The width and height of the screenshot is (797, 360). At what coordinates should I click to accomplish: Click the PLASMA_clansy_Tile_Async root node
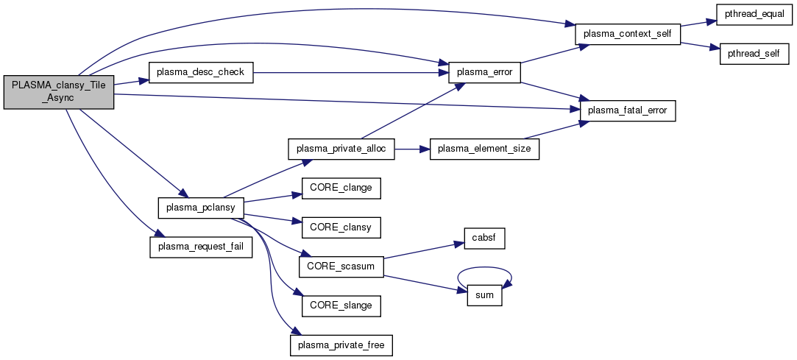coord(59,92)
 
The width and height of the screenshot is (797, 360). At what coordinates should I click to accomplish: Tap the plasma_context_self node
coord(627,35)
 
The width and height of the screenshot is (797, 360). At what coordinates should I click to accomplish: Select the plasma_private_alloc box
coord(341,149)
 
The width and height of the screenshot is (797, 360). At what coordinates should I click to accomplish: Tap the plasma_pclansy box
coord(200,208)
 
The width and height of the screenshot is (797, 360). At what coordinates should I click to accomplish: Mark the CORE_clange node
coord(341,188)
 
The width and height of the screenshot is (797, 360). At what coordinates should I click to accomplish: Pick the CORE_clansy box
coord(341,227)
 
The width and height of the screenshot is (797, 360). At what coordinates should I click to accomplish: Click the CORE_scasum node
coord(341,266)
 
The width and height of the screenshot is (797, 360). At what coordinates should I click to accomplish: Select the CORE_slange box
coord(341,304)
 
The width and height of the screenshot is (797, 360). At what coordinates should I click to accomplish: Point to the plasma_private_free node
coord(341,344)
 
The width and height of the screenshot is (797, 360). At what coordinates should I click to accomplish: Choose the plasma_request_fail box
coord(201,247)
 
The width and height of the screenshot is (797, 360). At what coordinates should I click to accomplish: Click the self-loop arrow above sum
coord(484,268)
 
